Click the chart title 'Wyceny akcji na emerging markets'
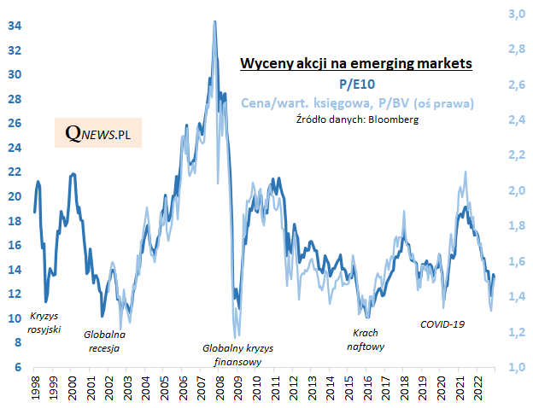pos(356,64)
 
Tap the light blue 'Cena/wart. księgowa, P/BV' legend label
pos(357,102)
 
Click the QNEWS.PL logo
pos(97,133)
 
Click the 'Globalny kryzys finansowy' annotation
pos(232,355)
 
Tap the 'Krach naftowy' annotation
pos(366,340)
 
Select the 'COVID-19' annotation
pos(442,324)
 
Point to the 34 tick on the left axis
pos(15,26)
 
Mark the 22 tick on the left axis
pos(15,172)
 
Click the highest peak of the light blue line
pos(214,21)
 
